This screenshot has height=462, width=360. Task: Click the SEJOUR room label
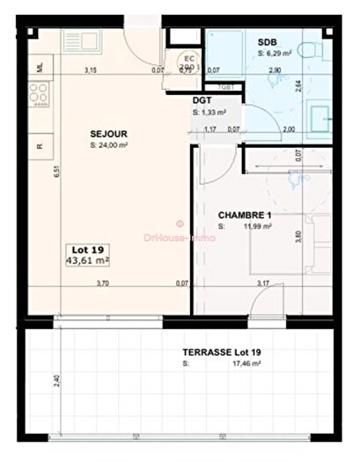click(107, 134)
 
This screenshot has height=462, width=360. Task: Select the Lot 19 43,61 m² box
click(86, 255)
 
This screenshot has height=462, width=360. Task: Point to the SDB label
click(267, 42)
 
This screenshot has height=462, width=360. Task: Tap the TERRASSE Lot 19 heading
click(216, 352)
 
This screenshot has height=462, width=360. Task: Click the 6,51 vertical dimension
click(55, 174)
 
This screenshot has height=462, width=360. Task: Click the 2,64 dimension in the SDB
click(298, 85)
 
